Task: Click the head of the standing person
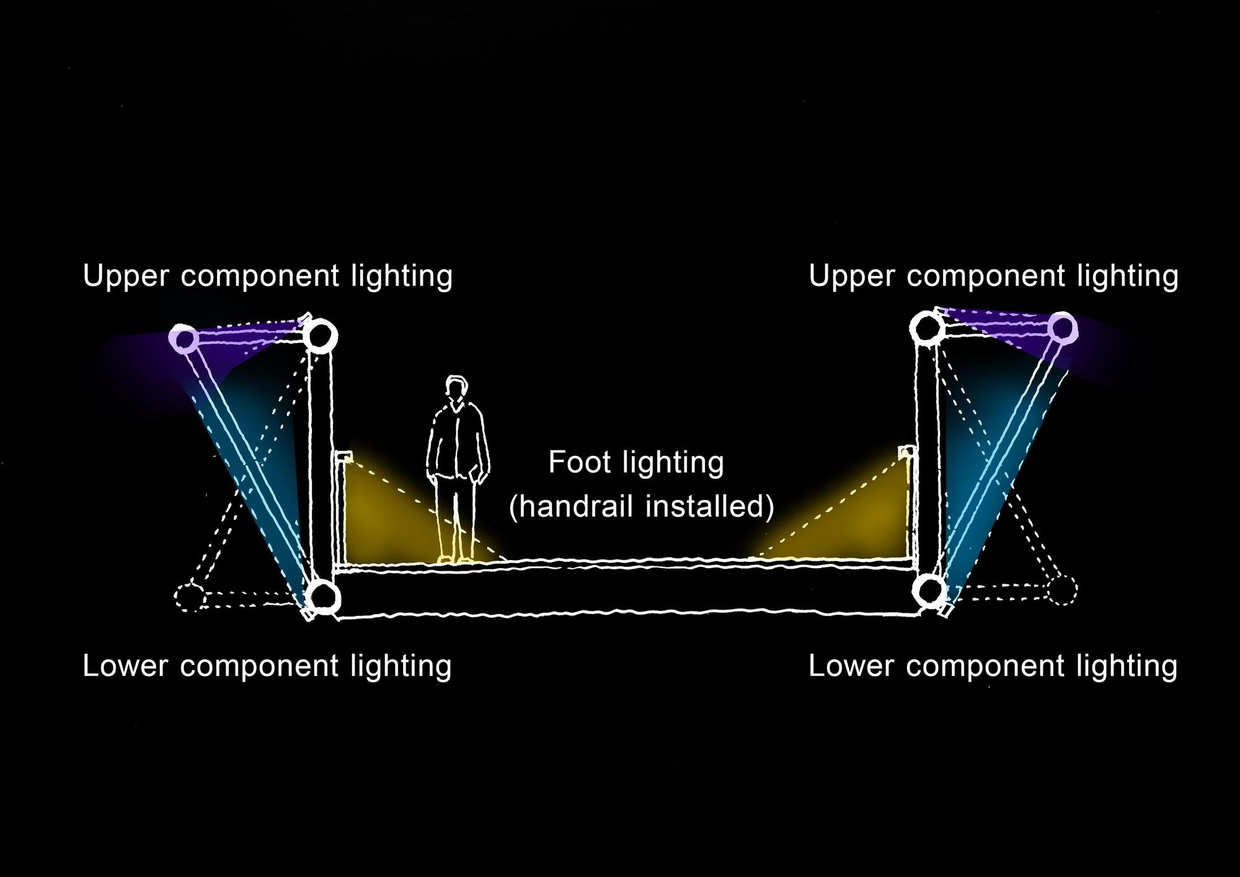[456, 390]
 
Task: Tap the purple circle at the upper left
[184, 339]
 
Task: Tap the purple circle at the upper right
[1062, 327]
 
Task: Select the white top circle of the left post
[321, 336]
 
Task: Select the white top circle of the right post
[927, 327]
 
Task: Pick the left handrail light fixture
[343, 457]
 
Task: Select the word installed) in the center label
[711, 506]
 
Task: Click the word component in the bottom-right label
[985, 667]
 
